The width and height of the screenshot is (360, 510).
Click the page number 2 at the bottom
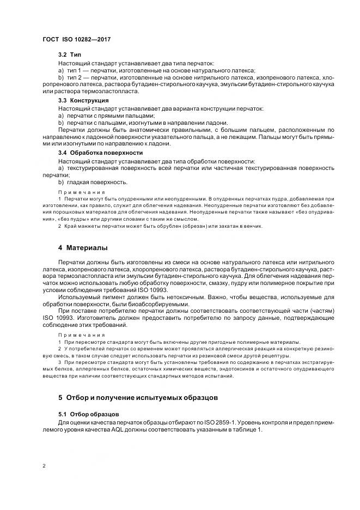[x=44, y=466]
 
